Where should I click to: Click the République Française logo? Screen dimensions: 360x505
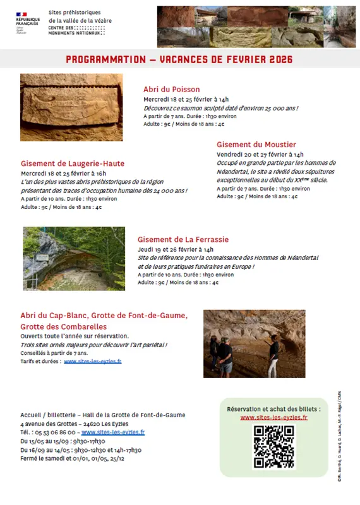click(28, 23)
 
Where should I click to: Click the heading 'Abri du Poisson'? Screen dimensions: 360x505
click(172, 90)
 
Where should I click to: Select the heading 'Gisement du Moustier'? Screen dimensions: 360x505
click(256, 145)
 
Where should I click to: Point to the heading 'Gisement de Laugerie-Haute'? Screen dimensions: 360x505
click(73, 163)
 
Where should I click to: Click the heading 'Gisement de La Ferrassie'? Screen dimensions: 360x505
click(183, 239)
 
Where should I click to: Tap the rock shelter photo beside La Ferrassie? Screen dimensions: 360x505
click(74, 258)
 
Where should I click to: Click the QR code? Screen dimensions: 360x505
click(273, 447)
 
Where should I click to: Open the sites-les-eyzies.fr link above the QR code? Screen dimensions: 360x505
click(273, 417)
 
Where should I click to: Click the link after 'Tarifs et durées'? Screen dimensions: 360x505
click(92, 362)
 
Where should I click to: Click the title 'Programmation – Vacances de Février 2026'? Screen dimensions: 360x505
click(179, 59)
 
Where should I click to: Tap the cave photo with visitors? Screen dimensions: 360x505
click(254, 343)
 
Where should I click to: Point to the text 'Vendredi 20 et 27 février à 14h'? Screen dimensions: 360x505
click(260, 154)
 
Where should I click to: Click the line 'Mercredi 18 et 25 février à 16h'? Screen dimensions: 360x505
click(63, 173)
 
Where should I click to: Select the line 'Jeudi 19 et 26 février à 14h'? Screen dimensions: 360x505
click(180, 249)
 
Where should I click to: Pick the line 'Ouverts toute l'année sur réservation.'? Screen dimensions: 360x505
click(69, 336)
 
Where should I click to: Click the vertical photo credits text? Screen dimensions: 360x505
click(339, 436)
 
